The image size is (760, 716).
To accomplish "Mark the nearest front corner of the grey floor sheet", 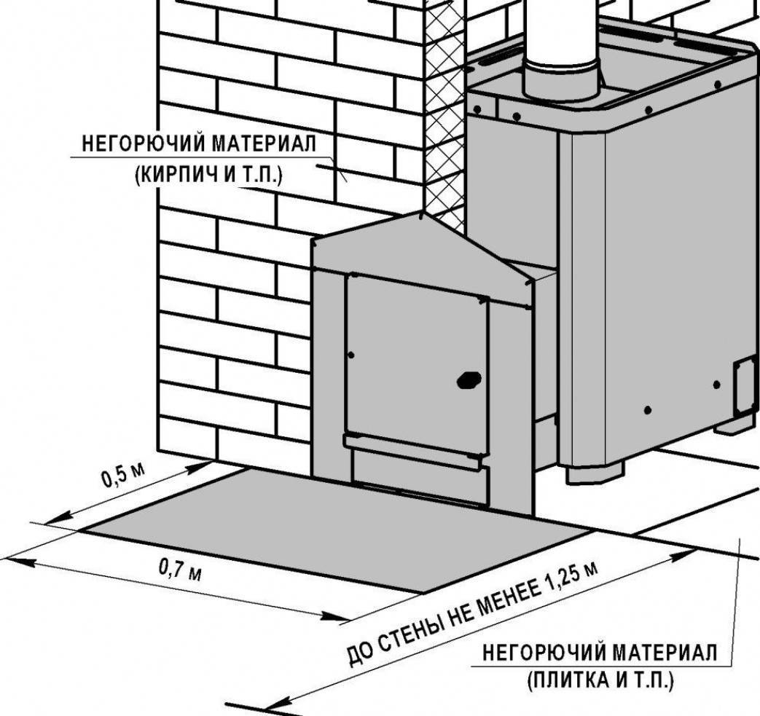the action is coord(423,592).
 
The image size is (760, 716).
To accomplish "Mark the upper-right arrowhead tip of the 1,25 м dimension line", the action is coord(698,551).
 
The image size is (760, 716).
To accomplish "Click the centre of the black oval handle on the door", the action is coord(469,379).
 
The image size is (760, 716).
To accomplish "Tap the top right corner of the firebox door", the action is coord(488,297).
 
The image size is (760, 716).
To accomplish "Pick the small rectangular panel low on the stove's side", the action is coord(745,386).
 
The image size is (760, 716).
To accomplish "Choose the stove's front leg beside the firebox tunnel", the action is coord(595,472).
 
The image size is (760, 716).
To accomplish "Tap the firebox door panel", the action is coord(416,364).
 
